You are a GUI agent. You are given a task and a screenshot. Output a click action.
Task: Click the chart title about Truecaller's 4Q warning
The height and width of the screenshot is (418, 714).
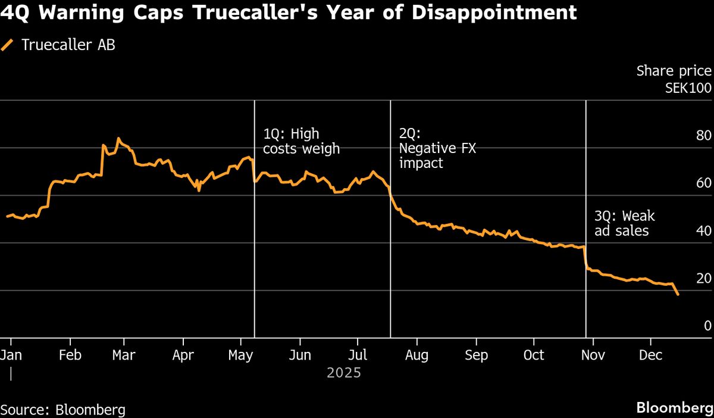(289, 13)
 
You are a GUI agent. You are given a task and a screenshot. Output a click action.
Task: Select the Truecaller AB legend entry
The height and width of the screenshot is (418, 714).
(59, 45)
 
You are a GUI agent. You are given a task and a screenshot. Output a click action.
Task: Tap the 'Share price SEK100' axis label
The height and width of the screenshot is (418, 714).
(674, 79)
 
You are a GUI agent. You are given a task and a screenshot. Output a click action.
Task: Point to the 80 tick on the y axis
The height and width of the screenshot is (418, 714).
(704, 136)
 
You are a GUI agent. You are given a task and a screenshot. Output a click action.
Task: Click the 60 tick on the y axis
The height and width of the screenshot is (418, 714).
(704, 183)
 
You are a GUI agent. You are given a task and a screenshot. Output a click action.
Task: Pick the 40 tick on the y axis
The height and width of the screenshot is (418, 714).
(704, 231)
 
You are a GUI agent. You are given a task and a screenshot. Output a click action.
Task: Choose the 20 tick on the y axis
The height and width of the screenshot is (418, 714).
(704, 279)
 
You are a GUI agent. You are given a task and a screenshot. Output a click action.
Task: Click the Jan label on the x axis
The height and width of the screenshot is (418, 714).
(10, 355)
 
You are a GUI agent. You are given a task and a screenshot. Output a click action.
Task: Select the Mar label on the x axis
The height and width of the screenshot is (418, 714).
(124, 355)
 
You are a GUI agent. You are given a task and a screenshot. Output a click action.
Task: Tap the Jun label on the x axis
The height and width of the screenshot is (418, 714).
(299, 355)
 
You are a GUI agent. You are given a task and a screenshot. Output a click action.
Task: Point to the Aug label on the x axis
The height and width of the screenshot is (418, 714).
(416, 355)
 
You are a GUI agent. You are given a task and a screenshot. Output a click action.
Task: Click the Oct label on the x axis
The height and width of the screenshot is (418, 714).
(534, 355)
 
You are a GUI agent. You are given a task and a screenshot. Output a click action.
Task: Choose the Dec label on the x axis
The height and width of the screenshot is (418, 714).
(650, 355)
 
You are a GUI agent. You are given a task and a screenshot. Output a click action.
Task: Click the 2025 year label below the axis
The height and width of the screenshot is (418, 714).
(344, 373)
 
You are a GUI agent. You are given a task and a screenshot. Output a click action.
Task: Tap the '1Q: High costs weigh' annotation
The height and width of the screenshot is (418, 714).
(301, 141)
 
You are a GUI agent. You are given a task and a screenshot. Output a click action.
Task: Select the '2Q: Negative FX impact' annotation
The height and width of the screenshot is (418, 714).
(437, 148)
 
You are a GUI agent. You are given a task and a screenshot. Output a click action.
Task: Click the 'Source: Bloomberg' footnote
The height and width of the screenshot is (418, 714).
(63, 410)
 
